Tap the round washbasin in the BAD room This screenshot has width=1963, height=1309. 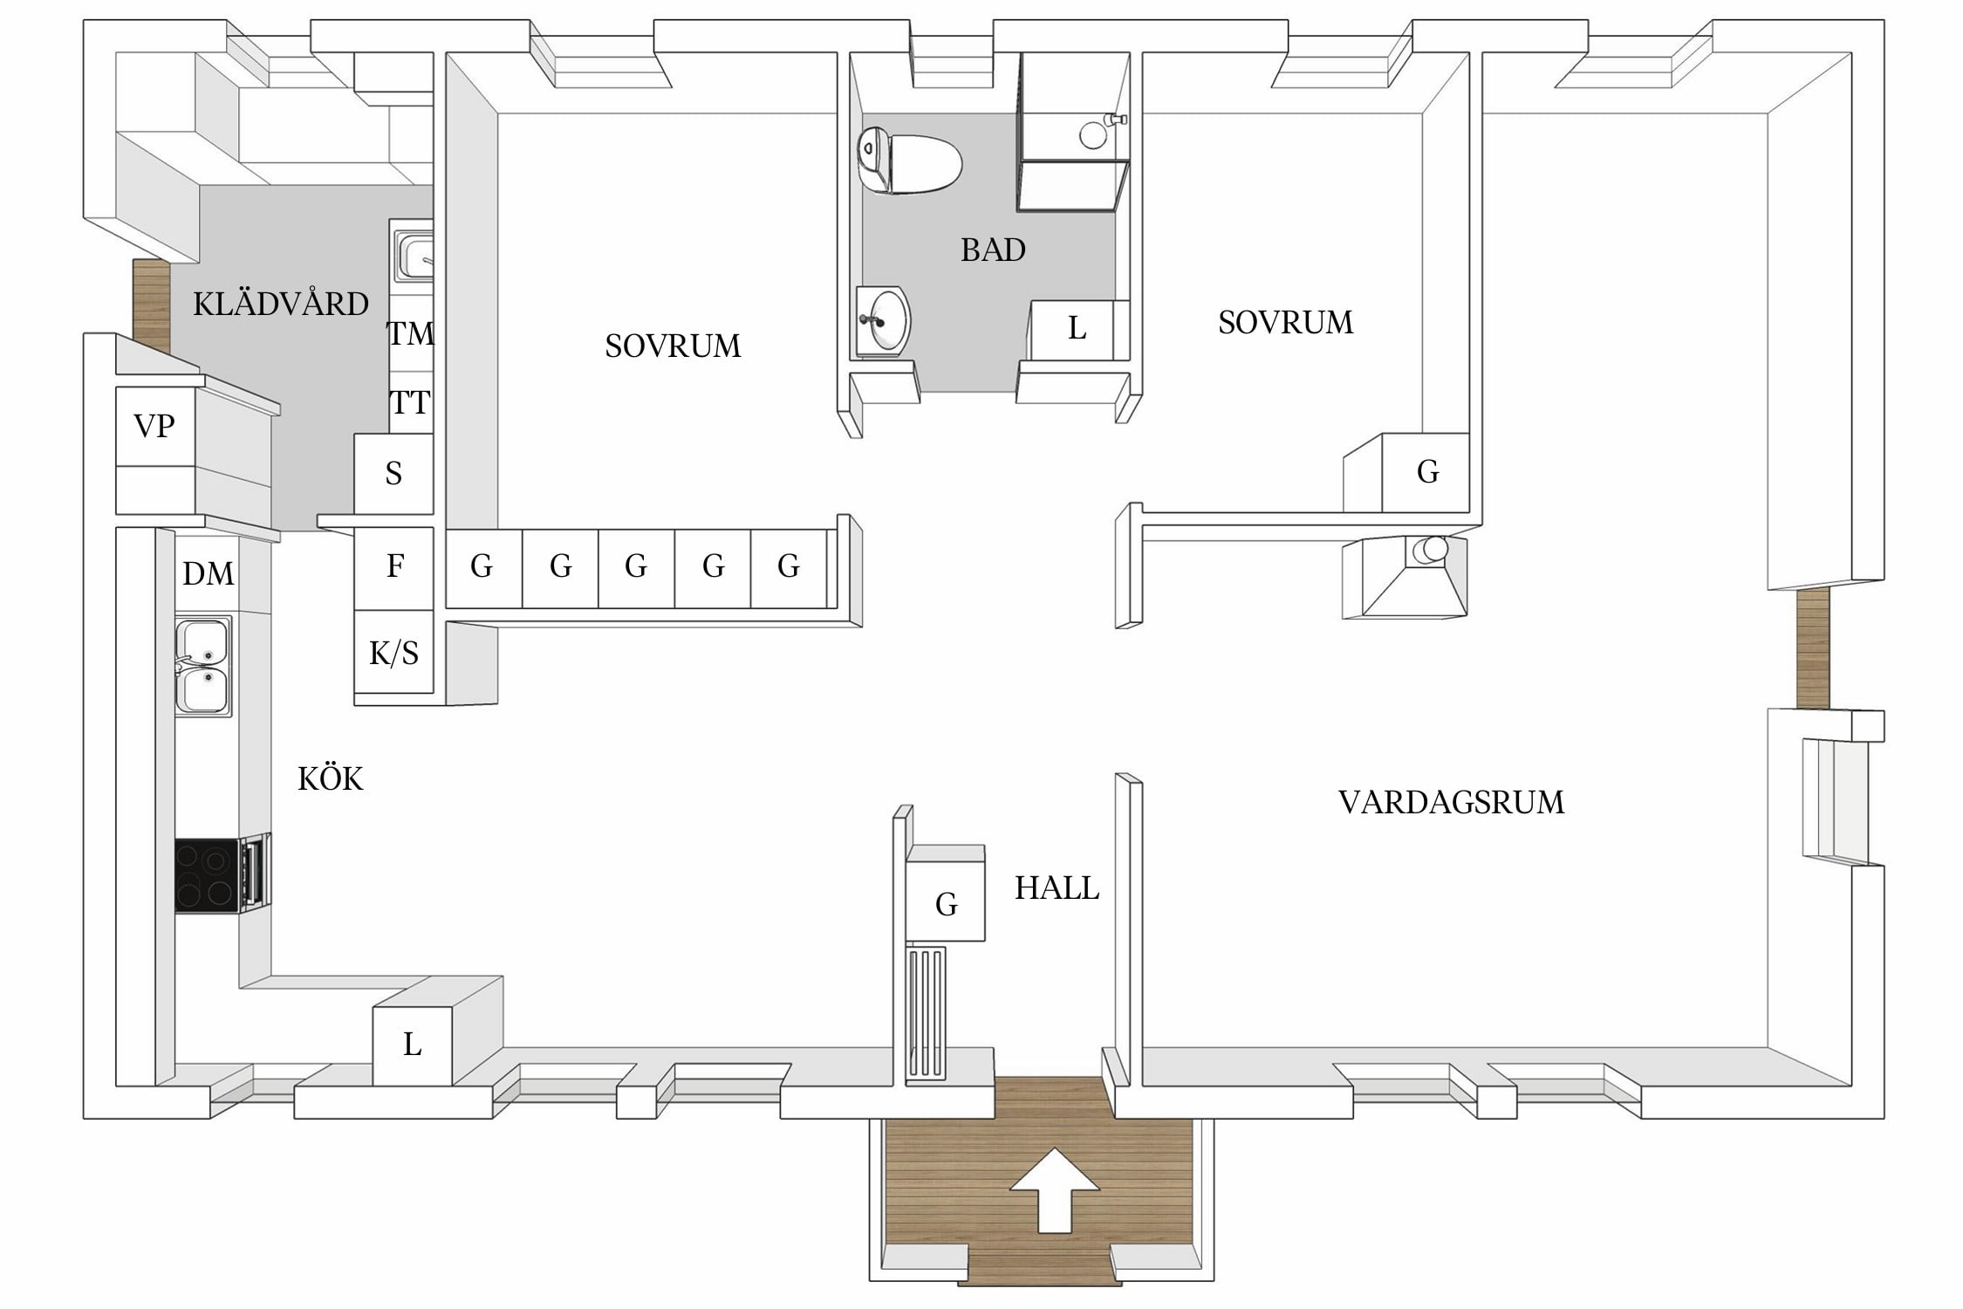click(x=885, y=321)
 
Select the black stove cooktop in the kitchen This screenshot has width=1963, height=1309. click(x=207, y=875)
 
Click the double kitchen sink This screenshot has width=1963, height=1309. click(x=202, y=667)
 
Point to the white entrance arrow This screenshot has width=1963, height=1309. click(x=1054, y=1189)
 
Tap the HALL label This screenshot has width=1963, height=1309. click(x=1056, y=888)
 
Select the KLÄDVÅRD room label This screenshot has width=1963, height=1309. click(x=280, y=305)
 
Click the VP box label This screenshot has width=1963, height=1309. click(x=154, y=426)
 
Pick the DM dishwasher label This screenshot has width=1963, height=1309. click(x=208, y=573)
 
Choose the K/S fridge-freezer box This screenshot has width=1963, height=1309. click(x=393, y=653)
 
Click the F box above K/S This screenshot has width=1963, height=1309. click(x=394, y=566)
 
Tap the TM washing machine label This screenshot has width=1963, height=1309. click(x=409, y=333)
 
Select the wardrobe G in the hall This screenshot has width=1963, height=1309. click(x=946, y=903)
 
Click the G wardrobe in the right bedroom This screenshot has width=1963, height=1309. click(x=1426, y=472)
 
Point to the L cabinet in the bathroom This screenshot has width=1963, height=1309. click(x=1076, y=329)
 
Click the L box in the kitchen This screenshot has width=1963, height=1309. click(x=412, y=1045)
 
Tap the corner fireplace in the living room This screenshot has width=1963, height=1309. click(x=1405, y=578)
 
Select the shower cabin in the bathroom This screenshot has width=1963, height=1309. click(x=1073, y=133)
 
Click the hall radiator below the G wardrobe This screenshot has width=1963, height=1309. click(x=927, y=1012)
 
